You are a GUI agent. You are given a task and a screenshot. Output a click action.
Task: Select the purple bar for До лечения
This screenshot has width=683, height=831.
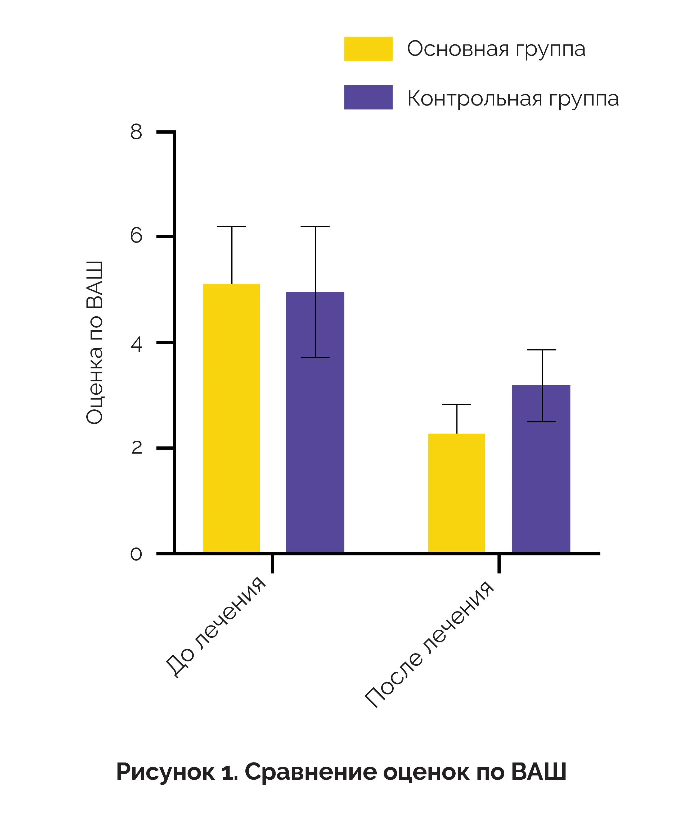click(315, 423)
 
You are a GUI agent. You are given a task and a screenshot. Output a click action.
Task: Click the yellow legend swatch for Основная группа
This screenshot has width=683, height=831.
click(368, 49)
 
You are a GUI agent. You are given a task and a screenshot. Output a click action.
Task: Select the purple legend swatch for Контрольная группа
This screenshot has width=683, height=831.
click(368, 97)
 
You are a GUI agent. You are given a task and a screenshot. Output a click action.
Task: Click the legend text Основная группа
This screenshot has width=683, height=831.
click(496, 49)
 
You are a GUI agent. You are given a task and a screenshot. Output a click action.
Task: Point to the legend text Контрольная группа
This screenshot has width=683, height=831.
click(513, 98)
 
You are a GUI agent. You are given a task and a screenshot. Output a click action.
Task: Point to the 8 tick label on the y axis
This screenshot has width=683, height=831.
click(136, 132)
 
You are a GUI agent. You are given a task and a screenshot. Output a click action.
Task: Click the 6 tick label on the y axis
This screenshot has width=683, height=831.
click(136, 236)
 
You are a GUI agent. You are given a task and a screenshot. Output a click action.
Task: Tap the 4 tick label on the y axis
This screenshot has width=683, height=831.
click(136, 344)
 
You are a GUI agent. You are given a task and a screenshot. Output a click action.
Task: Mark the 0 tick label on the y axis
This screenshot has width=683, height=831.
click(136, 554)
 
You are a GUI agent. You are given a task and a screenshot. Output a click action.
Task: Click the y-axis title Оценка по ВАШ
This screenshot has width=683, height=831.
click(95, 343)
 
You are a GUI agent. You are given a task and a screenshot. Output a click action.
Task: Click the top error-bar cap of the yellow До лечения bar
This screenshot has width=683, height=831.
click(231, 227)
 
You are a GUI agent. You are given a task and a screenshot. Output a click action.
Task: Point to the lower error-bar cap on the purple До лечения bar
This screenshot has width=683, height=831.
click(315, 358)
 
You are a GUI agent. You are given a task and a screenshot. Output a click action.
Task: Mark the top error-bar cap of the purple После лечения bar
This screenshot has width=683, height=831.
click(541, 350)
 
